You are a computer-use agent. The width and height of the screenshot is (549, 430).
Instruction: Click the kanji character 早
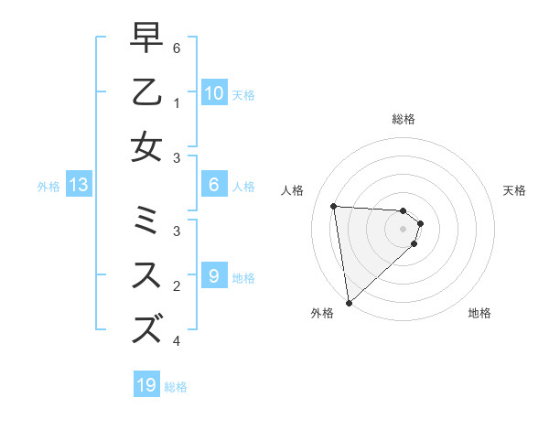point(146,39)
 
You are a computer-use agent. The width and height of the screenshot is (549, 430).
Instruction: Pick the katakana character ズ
point(146,328)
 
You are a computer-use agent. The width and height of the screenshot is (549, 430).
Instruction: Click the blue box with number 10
point(213,92)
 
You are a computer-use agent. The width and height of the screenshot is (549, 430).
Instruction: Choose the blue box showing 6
point(213,185)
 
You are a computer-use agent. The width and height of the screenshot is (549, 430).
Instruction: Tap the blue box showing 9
point(213,274)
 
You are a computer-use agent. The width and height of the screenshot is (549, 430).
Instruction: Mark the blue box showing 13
point(79,185)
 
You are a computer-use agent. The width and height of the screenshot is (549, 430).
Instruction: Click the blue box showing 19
point(146,385)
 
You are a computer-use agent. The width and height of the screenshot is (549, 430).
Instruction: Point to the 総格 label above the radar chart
point(404,119)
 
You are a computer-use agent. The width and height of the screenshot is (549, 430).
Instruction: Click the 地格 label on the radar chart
point(479,314)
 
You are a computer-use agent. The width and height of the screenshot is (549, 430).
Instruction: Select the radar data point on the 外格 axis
point(349,302)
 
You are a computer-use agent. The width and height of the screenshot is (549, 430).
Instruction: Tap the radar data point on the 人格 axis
point(334,206)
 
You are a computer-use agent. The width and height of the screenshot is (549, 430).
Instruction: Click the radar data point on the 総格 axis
point(404,210)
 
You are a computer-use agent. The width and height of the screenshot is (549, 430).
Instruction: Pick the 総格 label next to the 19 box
point(176,387)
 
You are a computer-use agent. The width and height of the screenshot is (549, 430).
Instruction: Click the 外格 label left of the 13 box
point(48,187)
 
